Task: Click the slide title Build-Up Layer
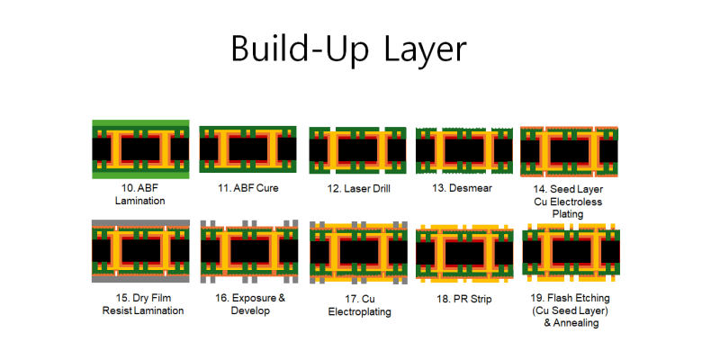[349, 49]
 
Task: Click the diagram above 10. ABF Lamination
[140, 148]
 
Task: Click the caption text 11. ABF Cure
[247, 189]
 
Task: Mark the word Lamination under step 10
[140, 201]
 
